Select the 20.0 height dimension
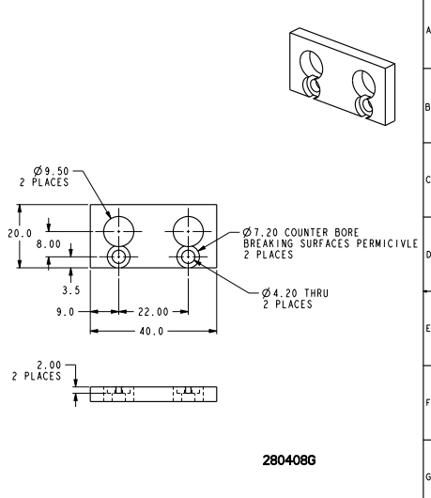(x=20, y=232)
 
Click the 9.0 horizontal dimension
(x=64, y=312)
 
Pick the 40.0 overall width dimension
(x=149, y=332)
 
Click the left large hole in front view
(x=119, y=230)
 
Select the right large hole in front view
(x=188, y=230)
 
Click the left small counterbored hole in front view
(x=119, y=257)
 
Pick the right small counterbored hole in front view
(x=188, y=257)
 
